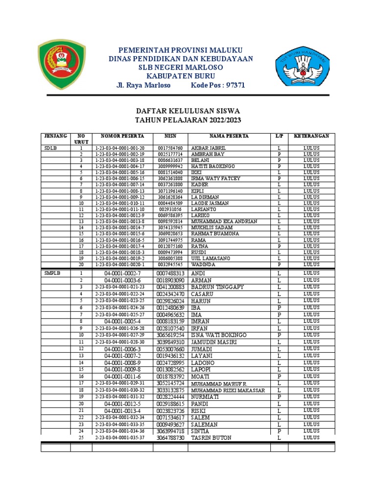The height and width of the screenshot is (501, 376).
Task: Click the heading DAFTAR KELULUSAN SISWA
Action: click(x=188, y=111)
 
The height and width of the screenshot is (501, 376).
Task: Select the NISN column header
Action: click(x=170, y=136)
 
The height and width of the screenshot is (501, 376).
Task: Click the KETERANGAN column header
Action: click(x=311, y=136)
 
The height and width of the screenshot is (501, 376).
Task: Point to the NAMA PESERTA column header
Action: click(x=229, y=136)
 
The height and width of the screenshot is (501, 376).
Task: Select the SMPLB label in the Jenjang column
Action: click(x=52, y=273)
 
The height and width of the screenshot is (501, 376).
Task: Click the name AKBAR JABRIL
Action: click(x=209, y=148)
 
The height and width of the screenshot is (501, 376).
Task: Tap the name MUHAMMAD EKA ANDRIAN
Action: click(x=224, y=221)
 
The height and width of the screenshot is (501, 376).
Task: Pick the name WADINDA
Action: click(x=203, y=264)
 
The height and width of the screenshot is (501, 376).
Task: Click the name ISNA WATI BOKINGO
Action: click(x=219, y=335)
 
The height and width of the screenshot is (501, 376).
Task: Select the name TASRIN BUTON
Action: click(x=211, y=437)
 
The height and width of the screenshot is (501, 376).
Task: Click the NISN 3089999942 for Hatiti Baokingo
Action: click(x=170, y=166)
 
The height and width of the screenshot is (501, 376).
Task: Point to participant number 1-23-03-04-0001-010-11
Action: click(x=120, y=203)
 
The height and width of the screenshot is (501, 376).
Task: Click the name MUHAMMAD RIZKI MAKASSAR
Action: click(x=228, y=390)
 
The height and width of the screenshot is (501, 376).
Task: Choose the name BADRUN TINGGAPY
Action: click(x=217, y=287)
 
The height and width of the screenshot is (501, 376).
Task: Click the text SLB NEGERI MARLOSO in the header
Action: click(x=181, y=67)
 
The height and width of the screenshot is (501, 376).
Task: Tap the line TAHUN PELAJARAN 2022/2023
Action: click(x=188, y=120)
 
